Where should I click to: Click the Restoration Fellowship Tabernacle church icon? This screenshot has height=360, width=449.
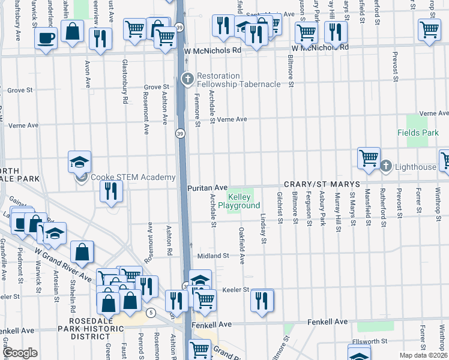187,78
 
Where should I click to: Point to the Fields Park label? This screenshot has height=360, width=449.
414,132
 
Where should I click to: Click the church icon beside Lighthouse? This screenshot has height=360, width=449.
387,166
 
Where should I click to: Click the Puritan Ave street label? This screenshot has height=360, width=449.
207,188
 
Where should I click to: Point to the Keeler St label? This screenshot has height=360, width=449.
235,289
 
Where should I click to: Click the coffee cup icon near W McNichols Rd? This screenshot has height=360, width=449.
46,39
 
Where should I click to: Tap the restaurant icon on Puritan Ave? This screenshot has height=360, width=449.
111,191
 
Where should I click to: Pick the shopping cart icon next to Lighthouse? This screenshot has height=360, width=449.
369,158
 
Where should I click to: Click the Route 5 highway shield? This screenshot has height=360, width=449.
151,313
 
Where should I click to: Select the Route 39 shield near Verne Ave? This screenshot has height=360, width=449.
179,133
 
